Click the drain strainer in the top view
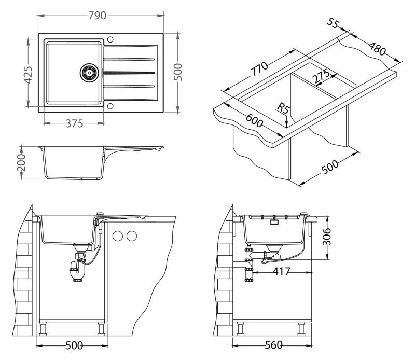[x=88, y=72]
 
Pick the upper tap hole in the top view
[x=109, y=39]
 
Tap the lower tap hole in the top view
[x=109, y=107]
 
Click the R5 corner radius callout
[x=283, y=108]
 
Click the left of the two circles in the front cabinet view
[x=118, y=236]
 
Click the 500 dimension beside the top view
[x=178, y=72]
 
